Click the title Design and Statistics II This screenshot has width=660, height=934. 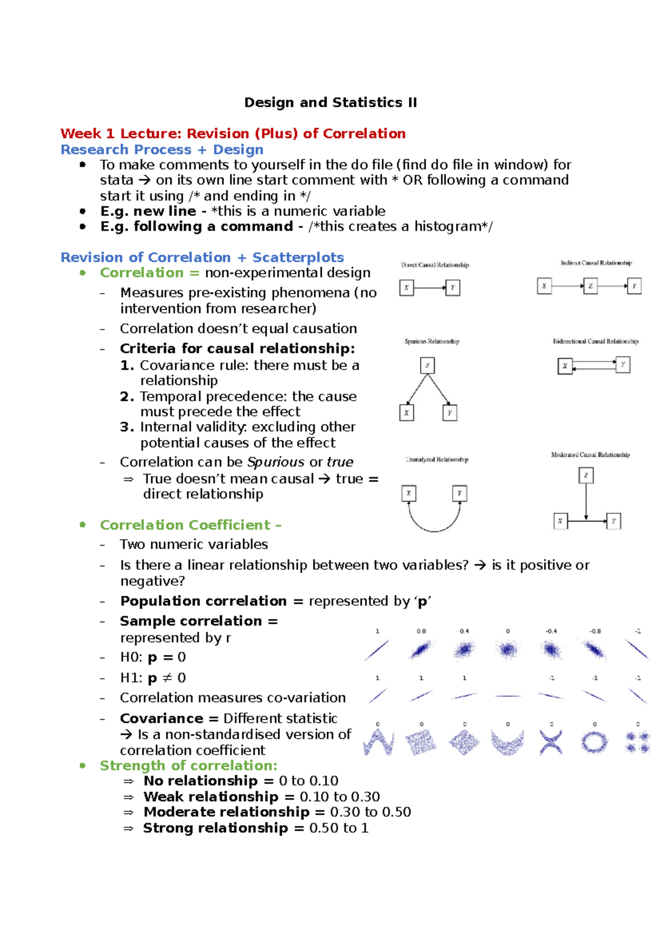(330, 103)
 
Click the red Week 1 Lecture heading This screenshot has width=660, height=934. (233, 134)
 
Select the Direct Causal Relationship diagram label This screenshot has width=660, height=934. (435, 265)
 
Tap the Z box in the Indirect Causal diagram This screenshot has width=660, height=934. (590, 286)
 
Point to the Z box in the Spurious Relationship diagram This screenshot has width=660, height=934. (427, 365)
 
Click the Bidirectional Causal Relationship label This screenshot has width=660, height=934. (596, 342)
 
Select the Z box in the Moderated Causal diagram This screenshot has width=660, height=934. (586, 475)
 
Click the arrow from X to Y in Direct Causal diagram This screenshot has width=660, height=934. (430, 288)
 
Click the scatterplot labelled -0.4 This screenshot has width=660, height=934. (551, 651)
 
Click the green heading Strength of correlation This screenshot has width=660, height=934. (188, 766)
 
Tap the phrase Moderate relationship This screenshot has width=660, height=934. (227, 812)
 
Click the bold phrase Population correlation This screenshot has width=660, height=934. (204, 601)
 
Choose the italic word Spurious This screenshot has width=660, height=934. (276, 462)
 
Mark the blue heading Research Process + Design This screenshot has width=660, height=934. (162, 150)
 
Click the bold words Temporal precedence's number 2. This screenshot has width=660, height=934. (127, 397)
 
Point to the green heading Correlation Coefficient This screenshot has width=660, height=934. (185, 525)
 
